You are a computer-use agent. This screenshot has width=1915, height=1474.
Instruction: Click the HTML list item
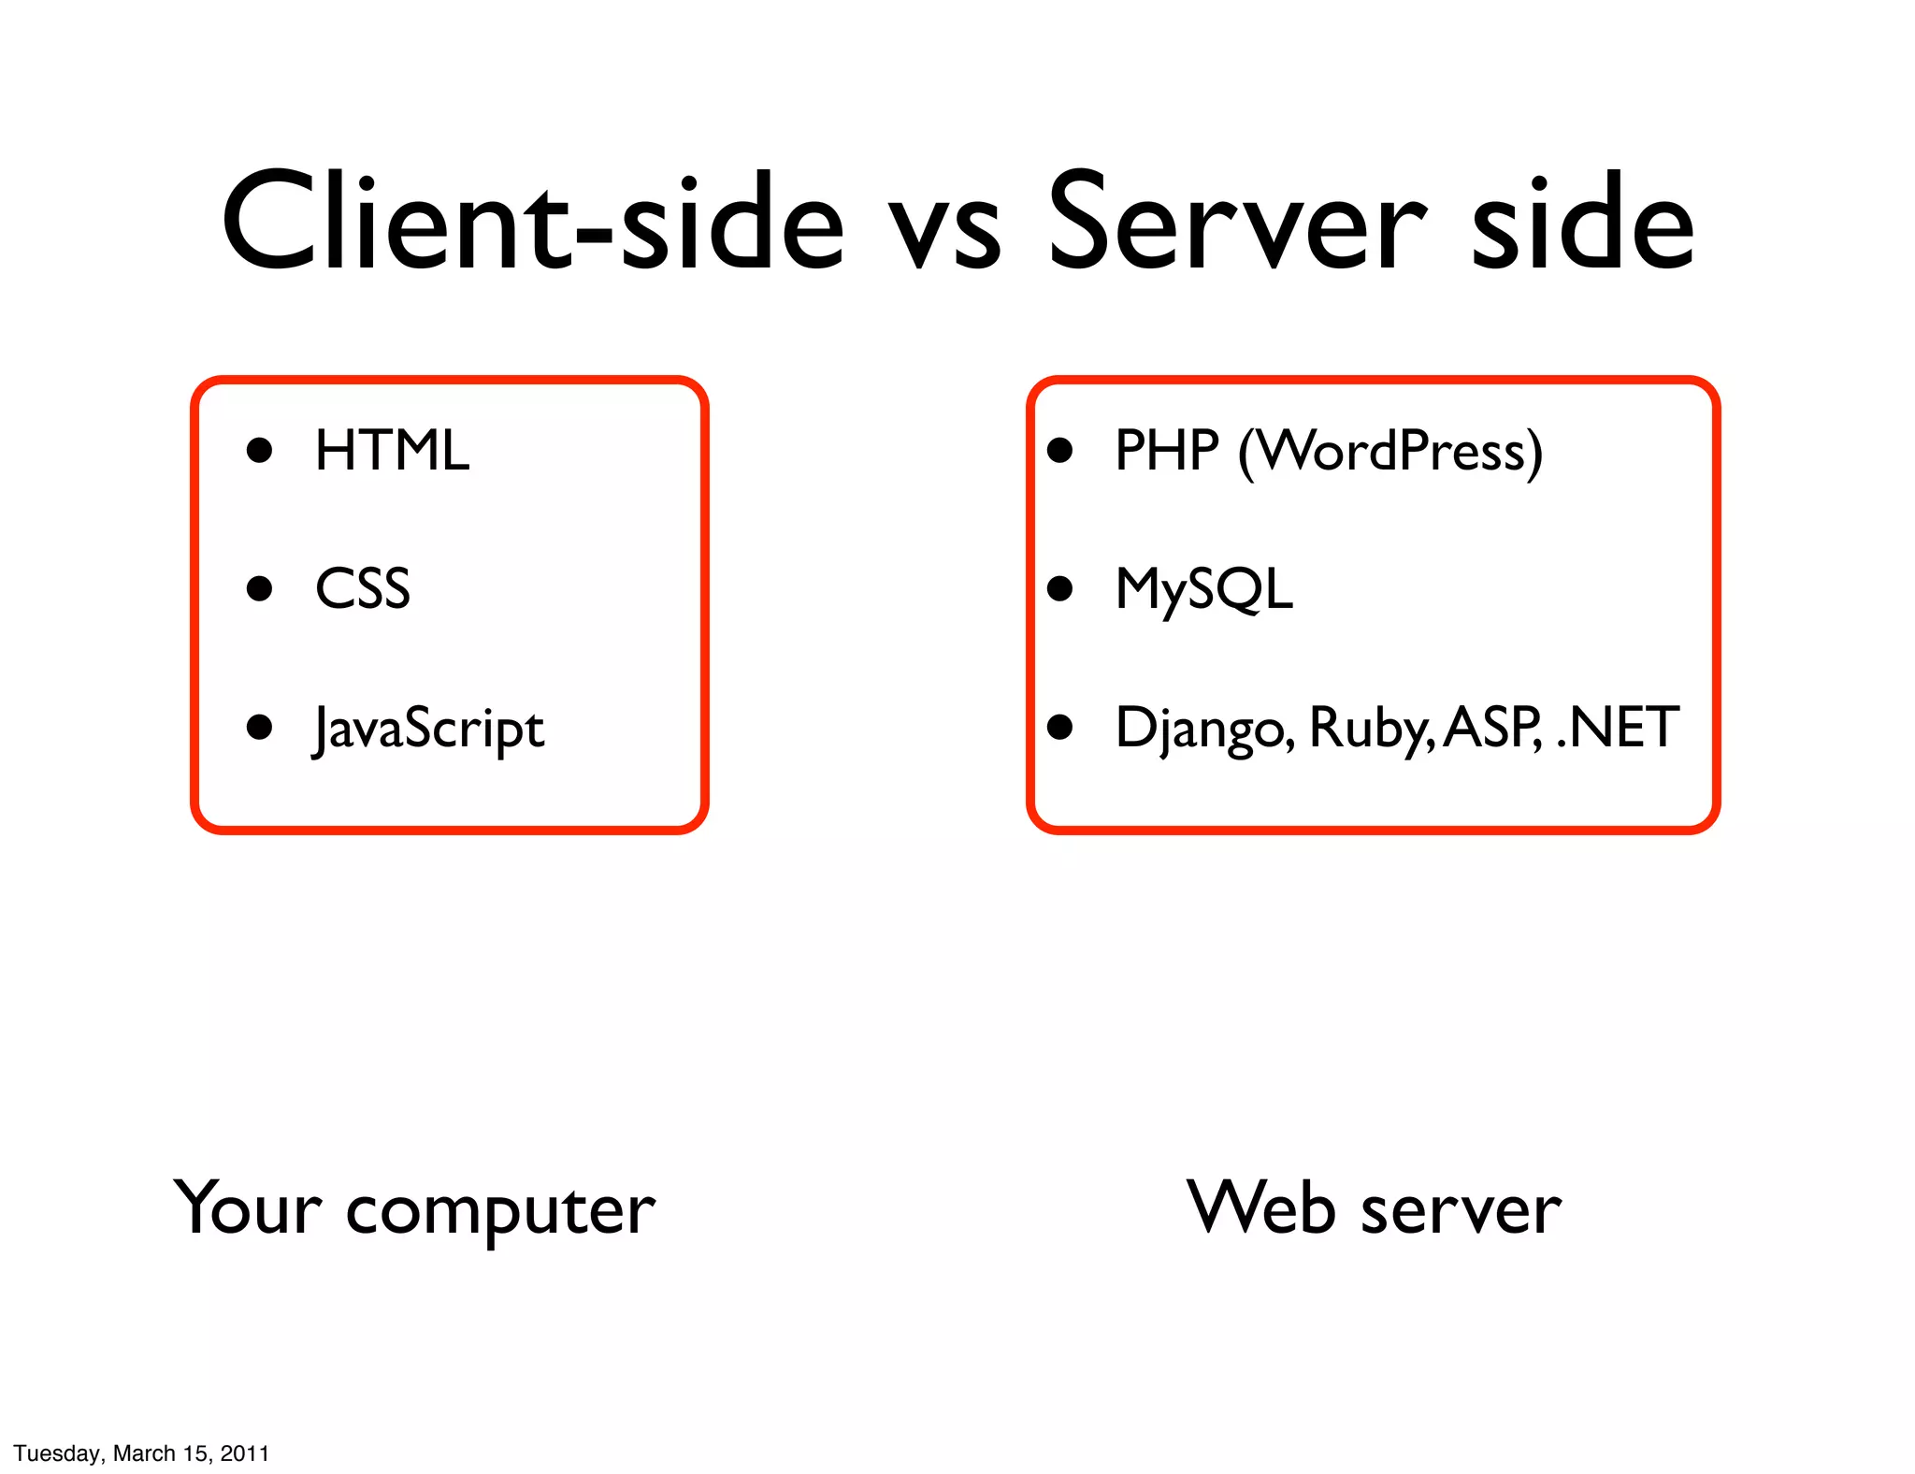point(392,451)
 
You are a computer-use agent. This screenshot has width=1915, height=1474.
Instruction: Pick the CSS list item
point(363,589)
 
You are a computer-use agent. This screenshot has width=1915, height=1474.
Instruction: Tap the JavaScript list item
point(429,730)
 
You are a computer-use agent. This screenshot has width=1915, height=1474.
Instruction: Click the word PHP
point(1167,451)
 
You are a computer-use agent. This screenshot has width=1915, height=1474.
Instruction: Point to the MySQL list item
point(1204,590)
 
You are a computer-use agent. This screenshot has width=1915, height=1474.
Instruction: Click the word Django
point(1205,730)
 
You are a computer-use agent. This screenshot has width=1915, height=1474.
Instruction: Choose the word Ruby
point(1369,730)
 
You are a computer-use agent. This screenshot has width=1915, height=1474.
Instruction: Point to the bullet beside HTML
point(259,451)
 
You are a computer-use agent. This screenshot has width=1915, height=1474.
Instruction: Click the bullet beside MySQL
point(1059,588)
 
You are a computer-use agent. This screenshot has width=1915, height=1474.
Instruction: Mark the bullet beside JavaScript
point(259,727)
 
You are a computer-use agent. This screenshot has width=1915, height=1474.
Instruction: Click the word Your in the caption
point(249,1208)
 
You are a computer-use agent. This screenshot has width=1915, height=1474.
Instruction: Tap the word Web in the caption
point(1261,1208)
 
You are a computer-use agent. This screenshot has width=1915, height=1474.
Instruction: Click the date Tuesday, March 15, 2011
point(141,1452)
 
